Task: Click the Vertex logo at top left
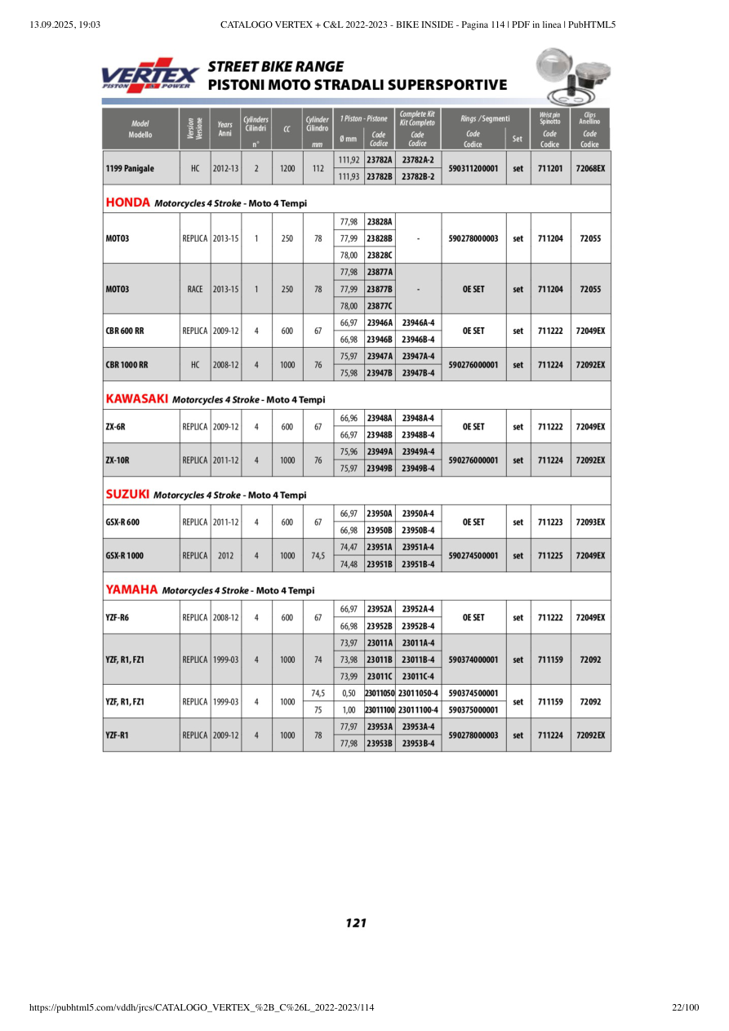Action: tap(149, 74)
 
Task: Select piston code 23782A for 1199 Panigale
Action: tap(380, 160)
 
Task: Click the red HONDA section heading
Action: tap(129, 202)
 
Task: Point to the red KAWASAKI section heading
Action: tap(137, 399)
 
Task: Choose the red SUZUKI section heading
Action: tap(128, 495)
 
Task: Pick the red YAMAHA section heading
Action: tap(131, 590)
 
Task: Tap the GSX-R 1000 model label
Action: tap(125, 556)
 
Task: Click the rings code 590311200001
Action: tap(473, 168)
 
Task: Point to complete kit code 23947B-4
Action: tap(418, 373)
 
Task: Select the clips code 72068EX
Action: tap(590, 168)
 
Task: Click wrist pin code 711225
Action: tap(550, 556)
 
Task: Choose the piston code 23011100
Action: tap(380, 710)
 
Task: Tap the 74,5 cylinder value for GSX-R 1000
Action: tap(318, 556)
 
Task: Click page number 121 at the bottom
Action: tap(356, 923)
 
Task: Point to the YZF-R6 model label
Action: tap(118, 618)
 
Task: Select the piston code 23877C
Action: tap(380, 306)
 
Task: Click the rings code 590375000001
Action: tap(473, 710)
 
